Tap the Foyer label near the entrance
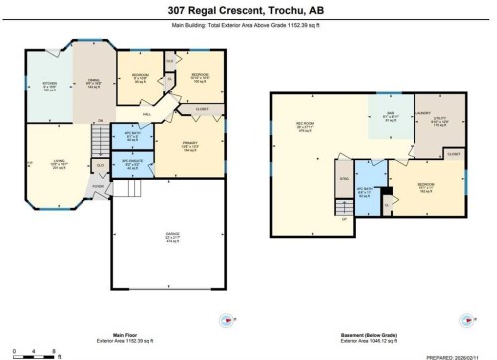[97, 184]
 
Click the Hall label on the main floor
[146, 114]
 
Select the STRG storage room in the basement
[345, 177]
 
